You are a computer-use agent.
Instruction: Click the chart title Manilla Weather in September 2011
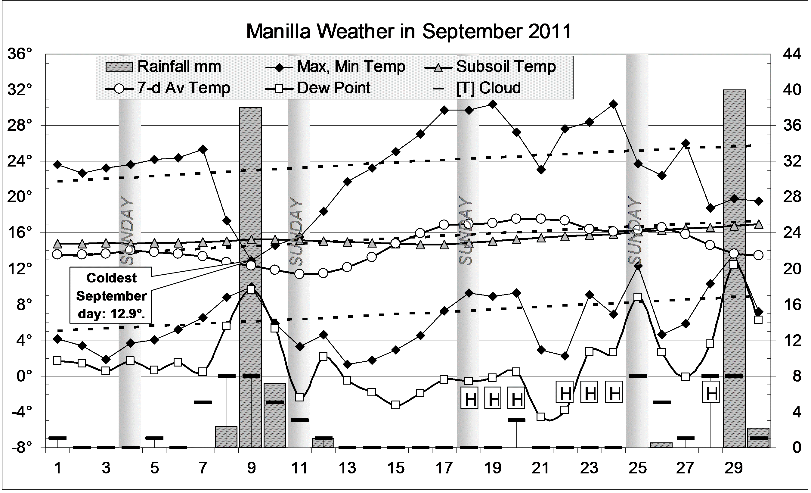(x=409, y=32)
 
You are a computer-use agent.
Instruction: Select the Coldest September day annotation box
(x=111, y=295)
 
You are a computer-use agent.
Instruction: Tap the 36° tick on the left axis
(x=20, y=54)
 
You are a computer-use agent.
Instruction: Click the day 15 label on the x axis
(x=396, y=468)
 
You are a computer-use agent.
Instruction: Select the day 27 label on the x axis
(x=686, y=468)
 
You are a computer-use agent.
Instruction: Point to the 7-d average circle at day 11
(x=299, y=274)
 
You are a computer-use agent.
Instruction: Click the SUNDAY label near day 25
(x=635, y=230)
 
